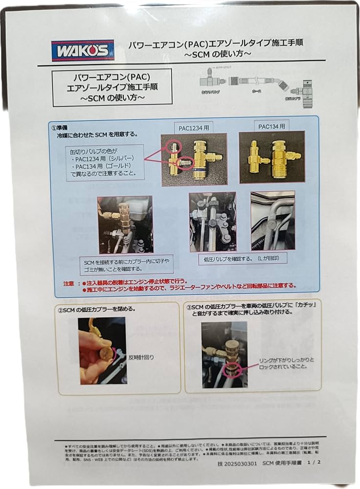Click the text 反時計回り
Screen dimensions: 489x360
pyautogui.click(x=143, y=357)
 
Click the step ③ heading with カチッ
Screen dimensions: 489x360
pyautogui.click(x=248, y=311)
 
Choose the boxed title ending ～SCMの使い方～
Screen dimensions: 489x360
pyautogui.click(x=112, y=86)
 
